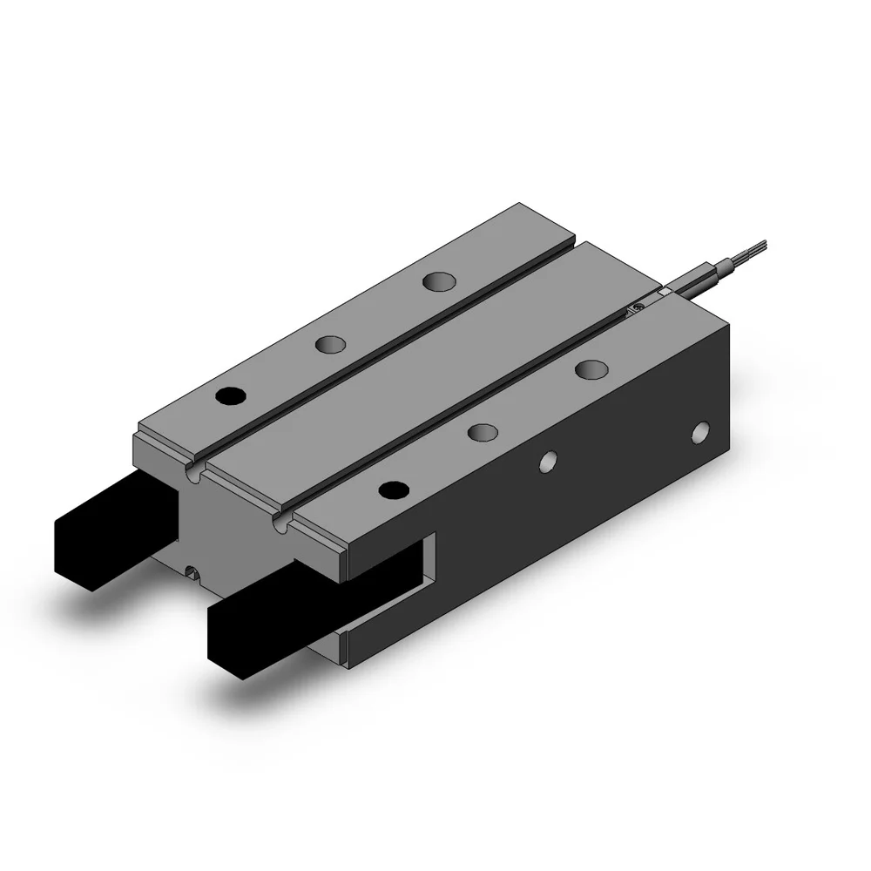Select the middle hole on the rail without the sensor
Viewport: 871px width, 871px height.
[330, 345]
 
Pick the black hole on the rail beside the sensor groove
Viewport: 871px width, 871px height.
[394, 490]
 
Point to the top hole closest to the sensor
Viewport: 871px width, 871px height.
[591, 368]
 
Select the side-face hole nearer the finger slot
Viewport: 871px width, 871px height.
[547, 462]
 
